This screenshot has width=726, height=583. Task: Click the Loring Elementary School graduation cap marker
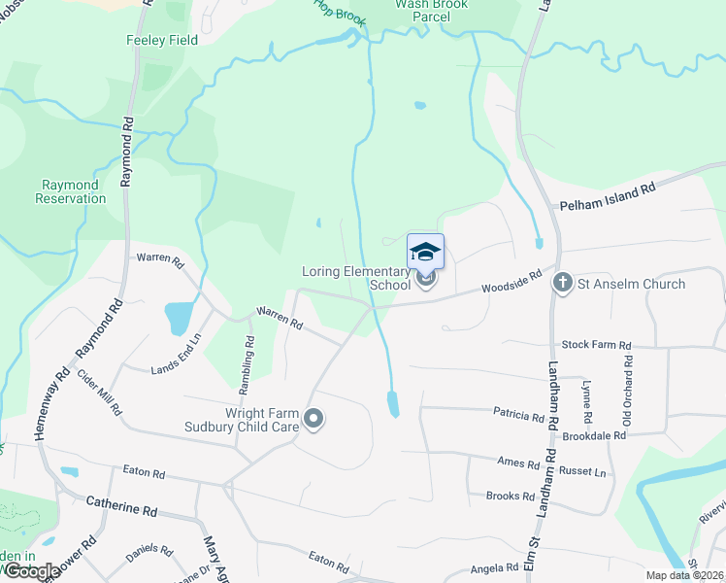coord(426,253)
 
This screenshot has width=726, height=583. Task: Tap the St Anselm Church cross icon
coord(562,283)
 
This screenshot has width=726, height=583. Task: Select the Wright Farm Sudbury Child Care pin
coord(313,419)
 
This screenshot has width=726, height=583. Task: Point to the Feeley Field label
coord(162,41)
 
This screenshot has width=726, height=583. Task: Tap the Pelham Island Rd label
coord(609,195)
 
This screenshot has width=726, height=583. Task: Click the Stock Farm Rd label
coord(597,345)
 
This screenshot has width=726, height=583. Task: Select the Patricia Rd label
coord(518,417)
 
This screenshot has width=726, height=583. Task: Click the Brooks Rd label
coord(511,496)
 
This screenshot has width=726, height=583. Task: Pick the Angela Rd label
coord(494,568)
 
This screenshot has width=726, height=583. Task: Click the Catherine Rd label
coord(121,507)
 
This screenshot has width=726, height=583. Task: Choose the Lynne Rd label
coord(585,401)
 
